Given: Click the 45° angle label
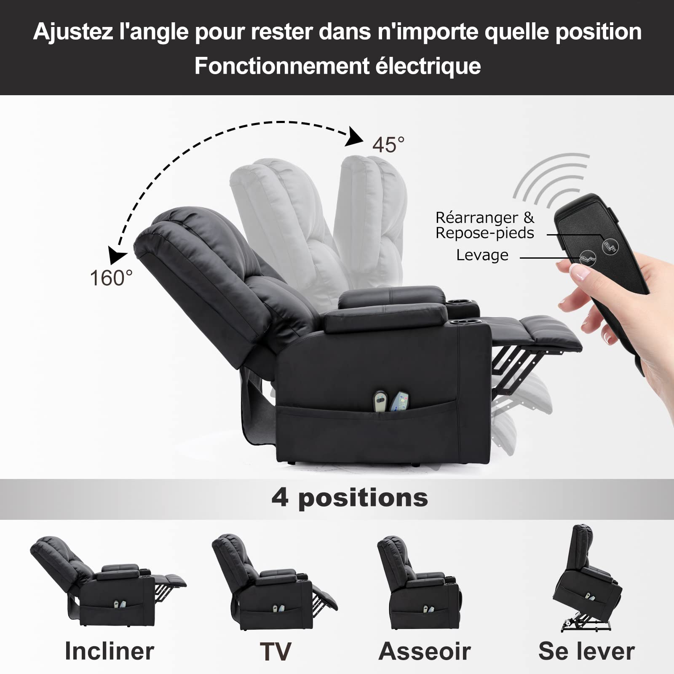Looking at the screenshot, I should coord(388,145).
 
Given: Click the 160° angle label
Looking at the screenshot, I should coord(111,278).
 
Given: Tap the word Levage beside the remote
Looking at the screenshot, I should coord(482,255).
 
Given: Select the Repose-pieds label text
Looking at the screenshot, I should coord(484,233).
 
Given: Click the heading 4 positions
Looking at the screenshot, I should coord(350,498).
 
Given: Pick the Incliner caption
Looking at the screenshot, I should coord(110,651).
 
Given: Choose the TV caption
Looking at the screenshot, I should coord(275,652).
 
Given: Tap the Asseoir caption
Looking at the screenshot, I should coord(425,652).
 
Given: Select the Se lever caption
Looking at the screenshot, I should coord(586,652).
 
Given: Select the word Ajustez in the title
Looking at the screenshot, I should coord(73,32).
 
